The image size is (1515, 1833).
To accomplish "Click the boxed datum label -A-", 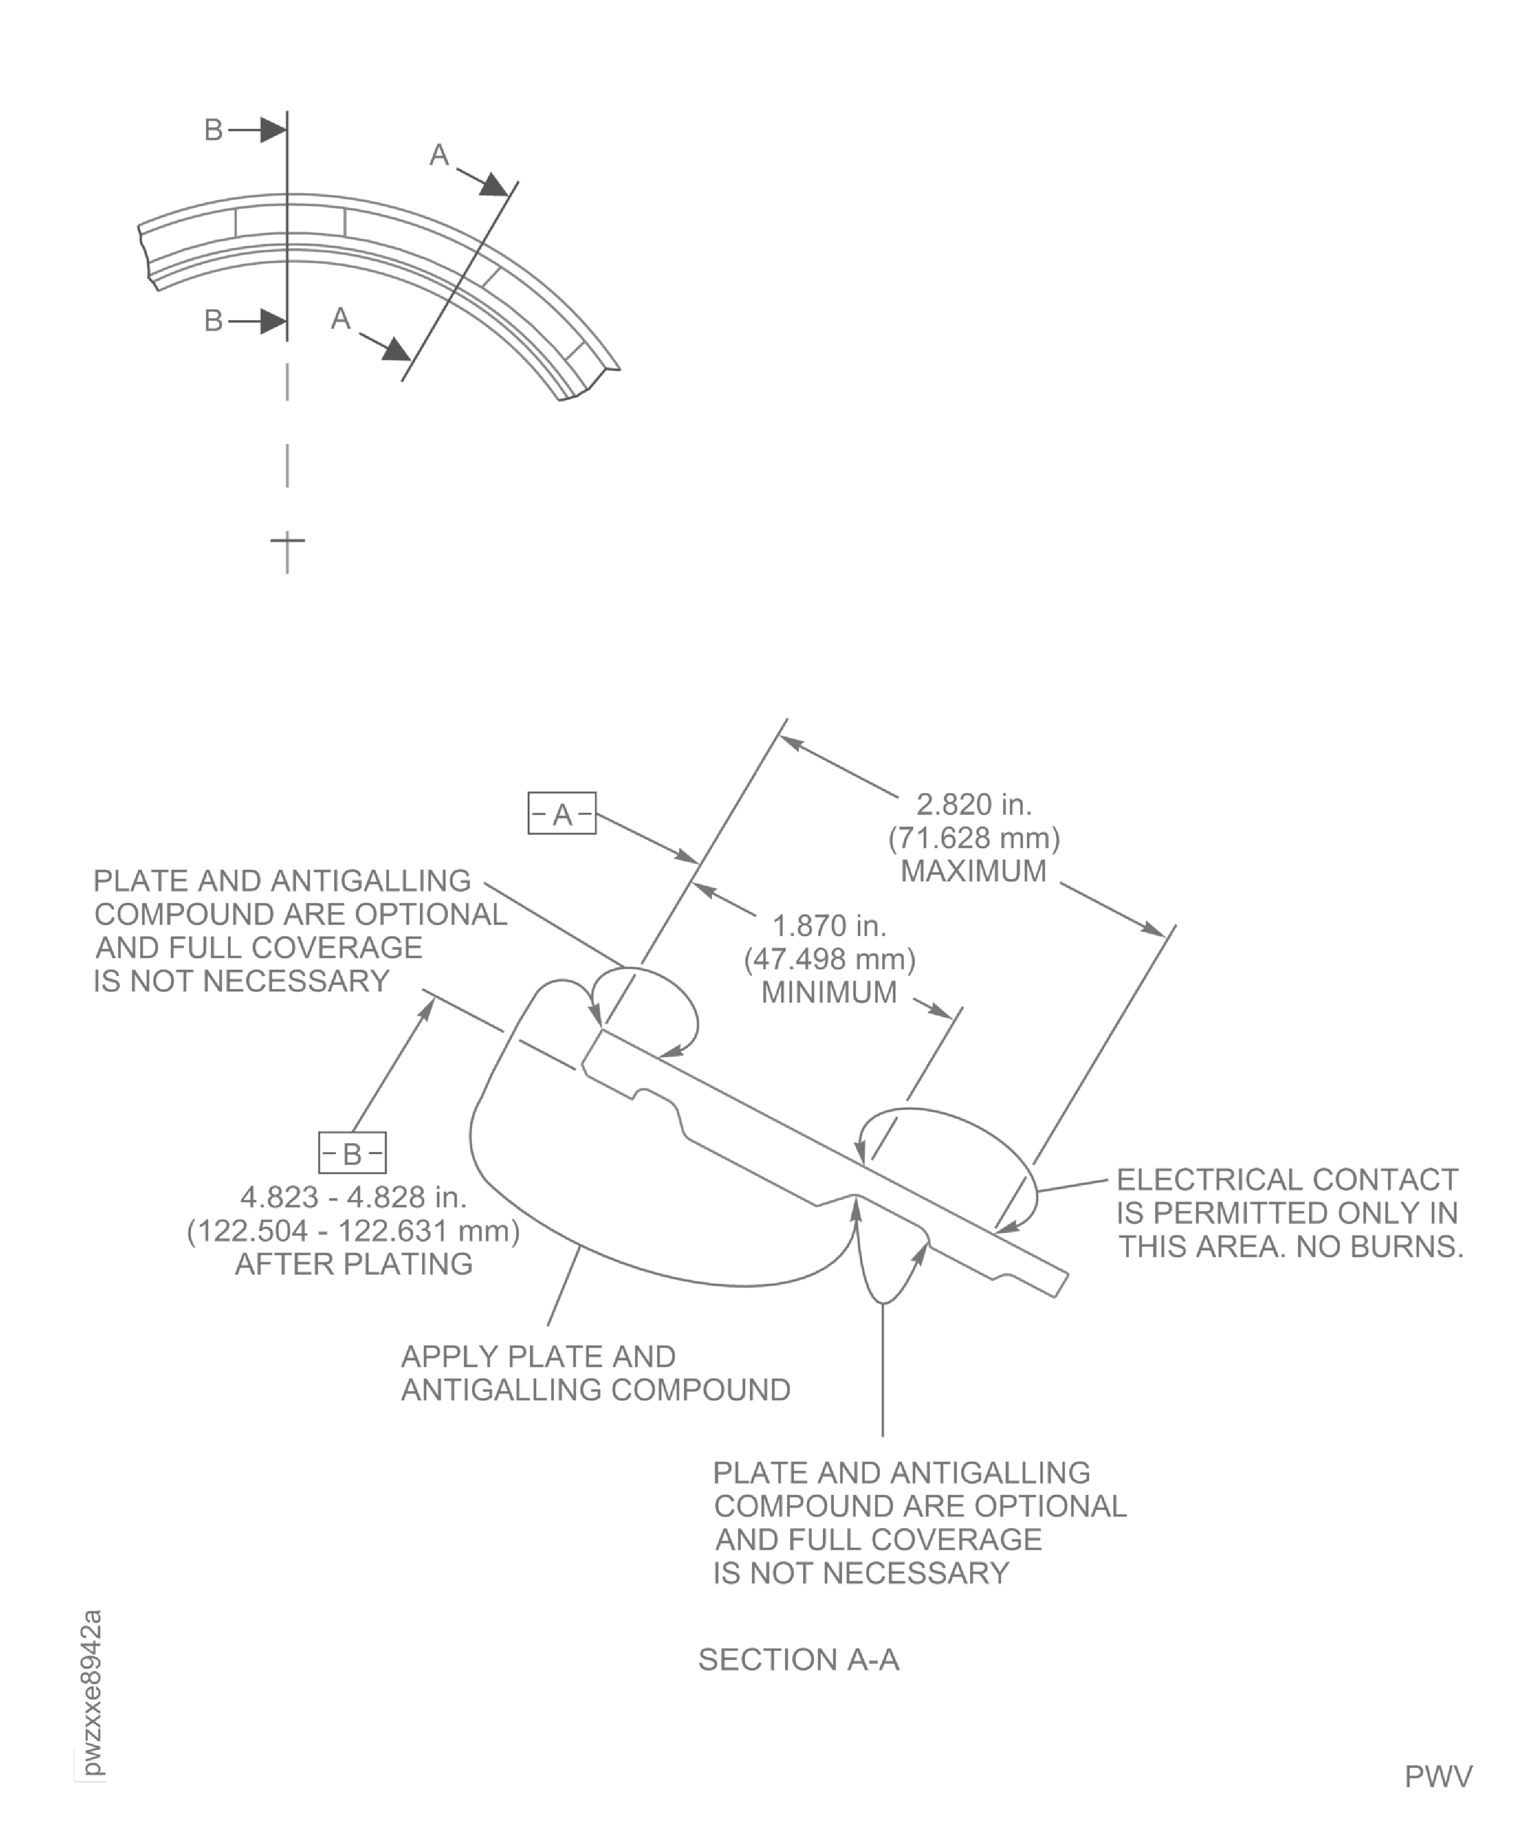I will click(562, 813).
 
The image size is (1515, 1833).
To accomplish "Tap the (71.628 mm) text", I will click(974, 837).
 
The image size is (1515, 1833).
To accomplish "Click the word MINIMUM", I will click(829, 992).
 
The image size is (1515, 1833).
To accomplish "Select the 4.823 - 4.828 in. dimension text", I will click(354, 1197).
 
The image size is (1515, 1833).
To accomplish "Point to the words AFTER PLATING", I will click(354, 1263).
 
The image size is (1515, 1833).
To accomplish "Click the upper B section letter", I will click(213, 130).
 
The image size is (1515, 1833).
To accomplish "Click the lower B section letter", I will click(213, 321).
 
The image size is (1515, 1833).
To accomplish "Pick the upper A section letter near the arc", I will click(439, 155).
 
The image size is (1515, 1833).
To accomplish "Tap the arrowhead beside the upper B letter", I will click(272, 130).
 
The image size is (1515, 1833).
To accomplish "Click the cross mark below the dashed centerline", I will click(287, 541).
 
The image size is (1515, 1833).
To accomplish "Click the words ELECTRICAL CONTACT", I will click(1287, 1179).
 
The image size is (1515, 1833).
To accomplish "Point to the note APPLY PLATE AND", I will click(538, 1357).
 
